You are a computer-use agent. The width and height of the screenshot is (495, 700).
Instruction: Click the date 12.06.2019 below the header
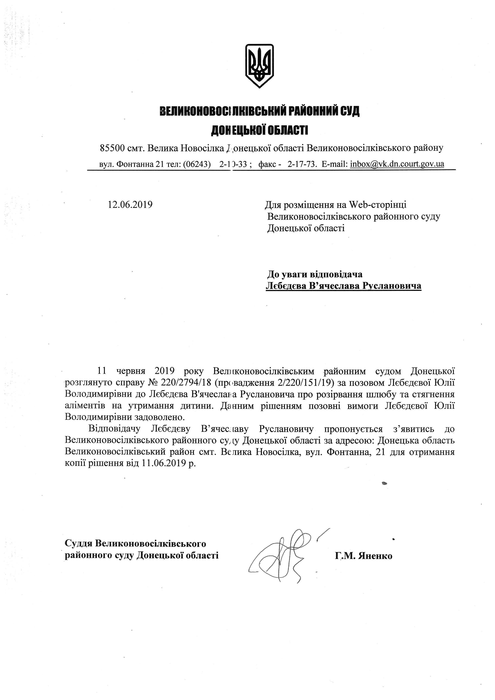(130, 204)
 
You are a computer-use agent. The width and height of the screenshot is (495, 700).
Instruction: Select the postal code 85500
(112, 149)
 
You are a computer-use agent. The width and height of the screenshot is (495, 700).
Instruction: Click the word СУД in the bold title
(350, 111)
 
